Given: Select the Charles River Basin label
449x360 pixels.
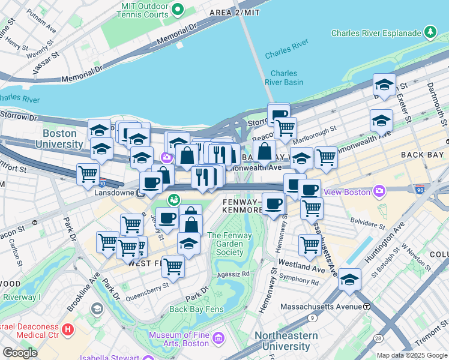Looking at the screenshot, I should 284,77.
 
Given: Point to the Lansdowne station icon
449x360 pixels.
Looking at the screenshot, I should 140,194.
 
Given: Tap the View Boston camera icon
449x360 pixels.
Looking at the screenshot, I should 379,192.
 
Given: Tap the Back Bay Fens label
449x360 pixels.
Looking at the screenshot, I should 196,310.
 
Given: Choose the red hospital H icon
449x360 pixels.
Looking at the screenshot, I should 67,329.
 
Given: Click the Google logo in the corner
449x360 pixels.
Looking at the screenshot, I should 20,352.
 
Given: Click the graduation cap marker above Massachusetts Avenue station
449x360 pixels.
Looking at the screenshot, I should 349,279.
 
